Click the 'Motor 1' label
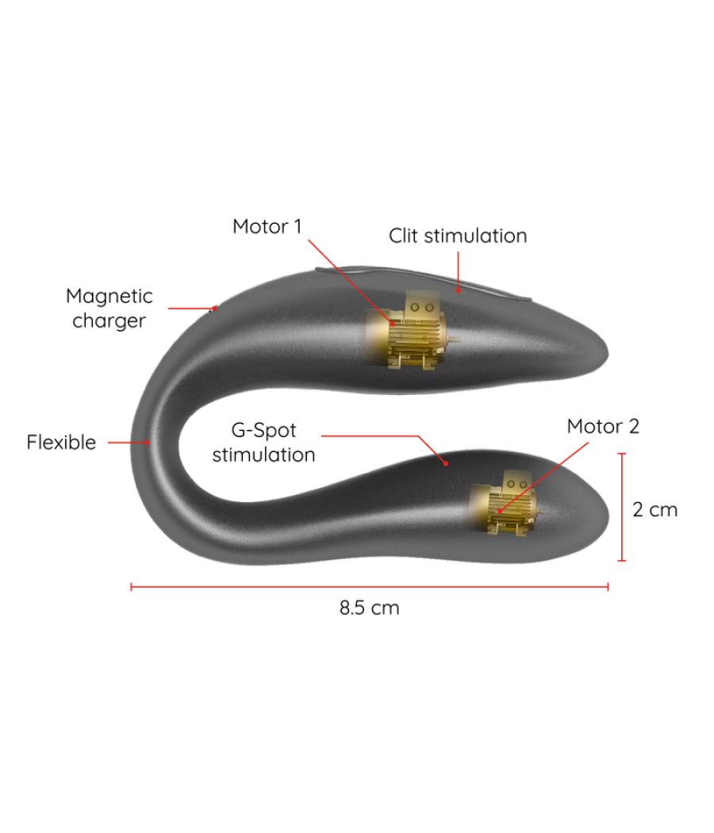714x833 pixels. click(x=267, y=226)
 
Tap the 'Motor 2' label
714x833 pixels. click(x=603, y=426)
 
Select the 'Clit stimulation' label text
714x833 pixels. click(x=458, y=236)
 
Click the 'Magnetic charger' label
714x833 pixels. click(x=109, y=308)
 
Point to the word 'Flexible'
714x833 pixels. click(x=62, y=442)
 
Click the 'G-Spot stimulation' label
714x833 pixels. click(x=263, y=442)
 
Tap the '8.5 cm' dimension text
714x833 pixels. click(x=369, y=607)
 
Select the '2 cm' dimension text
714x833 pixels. click(x=655, y=509)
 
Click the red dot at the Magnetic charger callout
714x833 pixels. click(x=215, y=308)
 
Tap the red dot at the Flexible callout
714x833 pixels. click(x=147, y=442)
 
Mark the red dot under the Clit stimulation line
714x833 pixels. click(x=458, y=290)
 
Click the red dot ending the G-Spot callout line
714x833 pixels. click(x=446, y=464)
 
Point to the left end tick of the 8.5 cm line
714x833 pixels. click(x=131, y=586)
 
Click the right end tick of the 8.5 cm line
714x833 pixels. click(x=608, y=586)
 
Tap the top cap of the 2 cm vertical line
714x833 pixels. click(x=622, y=454)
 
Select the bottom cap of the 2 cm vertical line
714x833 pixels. click(x=622, y=560)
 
